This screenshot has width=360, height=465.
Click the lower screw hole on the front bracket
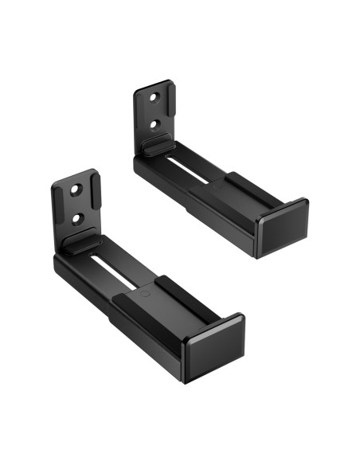[x=77, y=217]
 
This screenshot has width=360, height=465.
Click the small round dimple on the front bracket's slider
[x=145, y=292]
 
